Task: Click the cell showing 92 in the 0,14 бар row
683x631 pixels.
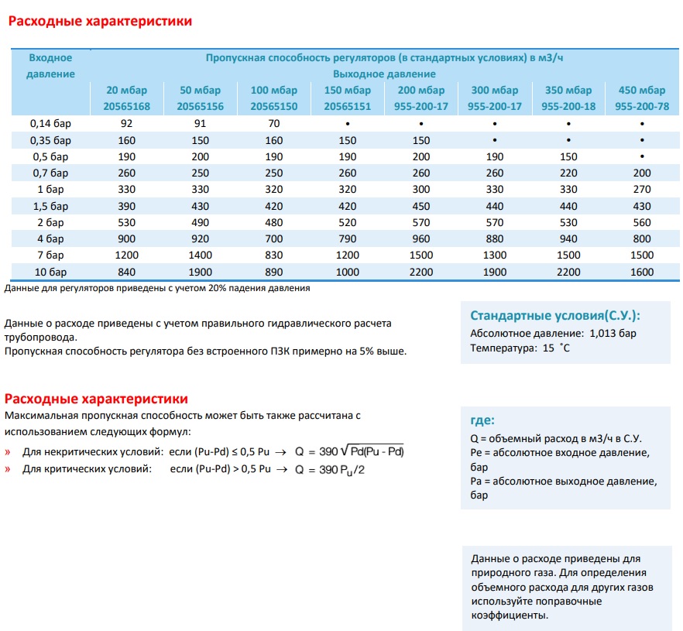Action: click(x=126, y=124)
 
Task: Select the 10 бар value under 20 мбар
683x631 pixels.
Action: click(x=126, y=273)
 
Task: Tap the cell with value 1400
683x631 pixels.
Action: click(x=200, y=255)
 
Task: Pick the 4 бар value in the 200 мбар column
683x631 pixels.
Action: click(x=420, y=238)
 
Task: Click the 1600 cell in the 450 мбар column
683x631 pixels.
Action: click(x=642, y=273)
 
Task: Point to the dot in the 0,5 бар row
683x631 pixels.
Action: click(x=642, y=156)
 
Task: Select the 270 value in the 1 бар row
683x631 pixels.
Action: click(x=642, y=190)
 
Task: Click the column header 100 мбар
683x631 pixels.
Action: click(x=273, y=90)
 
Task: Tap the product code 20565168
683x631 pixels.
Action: click(x=126, y=106)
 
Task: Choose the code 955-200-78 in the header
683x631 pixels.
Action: click(x=642, y=106)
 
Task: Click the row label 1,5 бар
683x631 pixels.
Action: click(x=50, y=206)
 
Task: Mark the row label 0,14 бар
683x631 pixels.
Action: click(x=50, y=124)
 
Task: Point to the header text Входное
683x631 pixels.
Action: click(x=50, y=58)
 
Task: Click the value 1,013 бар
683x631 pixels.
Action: click(x=613, y=334)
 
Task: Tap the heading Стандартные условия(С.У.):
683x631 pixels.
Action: click(x=555, y=316)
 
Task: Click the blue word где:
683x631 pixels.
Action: click(x=482, y=420)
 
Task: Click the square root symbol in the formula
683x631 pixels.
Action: click(x=345, y=451)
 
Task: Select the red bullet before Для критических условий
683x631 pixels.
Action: click(x=8, y=469)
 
